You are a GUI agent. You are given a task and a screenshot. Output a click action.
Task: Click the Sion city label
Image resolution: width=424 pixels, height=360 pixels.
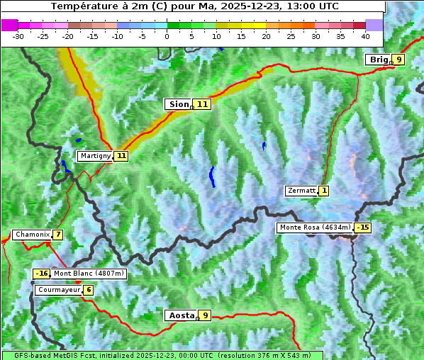[x=178, y=104]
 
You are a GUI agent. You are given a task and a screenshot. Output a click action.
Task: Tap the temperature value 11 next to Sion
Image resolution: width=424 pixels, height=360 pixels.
[x=203, y=104]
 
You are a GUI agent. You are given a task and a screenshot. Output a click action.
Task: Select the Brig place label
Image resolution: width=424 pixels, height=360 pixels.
[x=379, y=60]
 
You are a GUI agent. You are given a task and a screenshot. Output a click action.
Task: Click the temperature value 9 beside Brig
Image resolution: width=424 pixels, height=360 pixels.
[x=399, y=60]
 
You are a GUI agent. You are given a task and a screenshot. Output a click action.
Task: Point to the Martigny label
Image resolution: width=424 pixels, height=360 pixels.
[x=95, y=156]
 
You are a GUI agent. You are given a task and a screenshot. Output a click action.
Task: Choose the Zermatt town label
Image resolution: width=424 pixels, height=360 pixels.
[x=301, y=191]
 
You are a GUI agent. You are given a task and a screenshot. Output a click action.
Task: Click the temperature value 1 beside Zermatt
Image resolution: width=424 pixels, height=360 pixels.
[x=324, y=191]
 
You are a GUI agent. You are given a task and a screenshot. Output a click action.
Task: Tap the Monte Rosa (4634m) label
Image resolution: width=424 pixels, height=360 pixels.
[x=315, y=227]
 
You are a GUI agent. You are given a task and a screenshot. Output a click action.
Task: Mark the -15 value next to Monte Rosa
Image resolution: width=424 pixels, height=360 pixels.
[x=363, y=227]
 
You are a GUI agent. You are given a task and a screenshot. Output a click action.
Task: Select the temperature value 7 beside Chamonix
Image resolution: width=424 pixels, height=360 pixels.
[x=57, y=235]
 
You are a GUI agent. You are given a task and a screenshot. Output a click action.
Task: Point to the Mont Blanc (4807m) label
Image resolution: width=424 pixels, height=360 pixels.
[x=89, y=274]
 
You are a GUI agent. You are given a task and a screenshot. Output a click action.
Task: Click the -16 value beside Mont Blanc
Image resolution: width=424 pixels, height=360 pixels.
[x=42, y=274]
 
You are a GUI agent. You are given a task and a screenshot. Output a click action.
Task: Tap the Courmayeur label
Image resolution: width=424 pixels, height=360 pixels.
[x=58, y=290]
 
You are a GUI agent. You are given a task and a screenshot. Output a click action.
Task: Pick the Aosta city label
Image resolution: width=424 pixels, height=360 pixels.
[x=180, y=315]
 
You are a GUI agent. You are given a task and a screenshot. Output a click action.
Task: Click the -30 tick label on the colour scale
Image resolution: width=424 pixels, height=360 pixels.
[x=18, y=35]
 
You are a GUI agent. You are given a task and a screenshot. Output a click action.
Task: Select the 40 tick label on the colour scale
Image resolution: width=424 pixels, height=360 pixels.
[x=365, y=35]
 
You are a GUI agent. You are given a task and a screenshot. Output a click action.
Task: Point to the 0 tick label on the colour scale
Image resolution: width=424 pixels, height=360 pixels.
[x=167, y=35]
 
